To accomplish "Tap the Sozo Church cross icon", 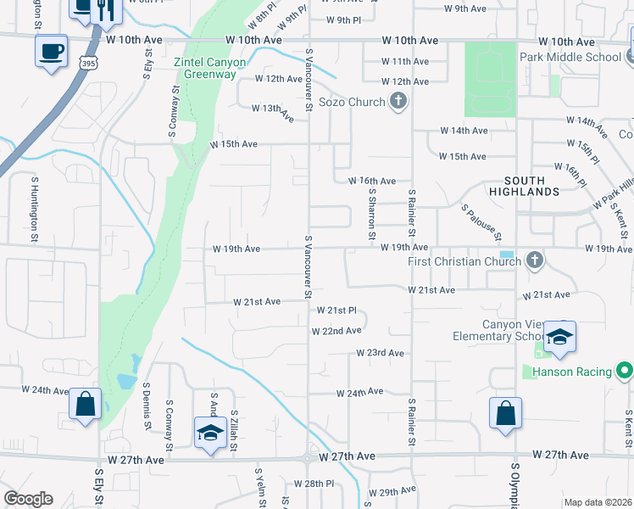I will pos(398,103).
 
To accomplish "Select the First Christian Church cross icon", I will pos(534,260).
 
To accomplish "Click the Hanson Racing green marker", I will pos(624,372).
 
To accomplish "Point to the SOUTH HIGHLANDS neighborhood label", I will pos(543,186).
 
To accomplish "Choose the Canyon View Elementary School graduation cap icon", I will pos(559,338).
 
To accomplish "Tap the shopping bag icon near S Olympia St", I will pos(505,414).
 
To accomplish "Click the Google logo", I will pos(27,499).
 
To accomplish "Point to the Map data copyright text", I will pos(598,502).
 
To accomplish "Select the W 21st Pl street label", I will pos(342,310).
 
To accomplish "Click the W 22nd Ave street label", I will pos(336,330).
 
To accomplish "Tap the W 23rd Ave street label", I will pos(380,352).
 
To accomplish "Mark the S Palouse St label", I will pos(481,221).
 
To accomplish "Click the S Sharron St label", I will pos(371,215).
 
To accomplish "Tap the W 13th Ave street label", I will pos(272,109).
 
